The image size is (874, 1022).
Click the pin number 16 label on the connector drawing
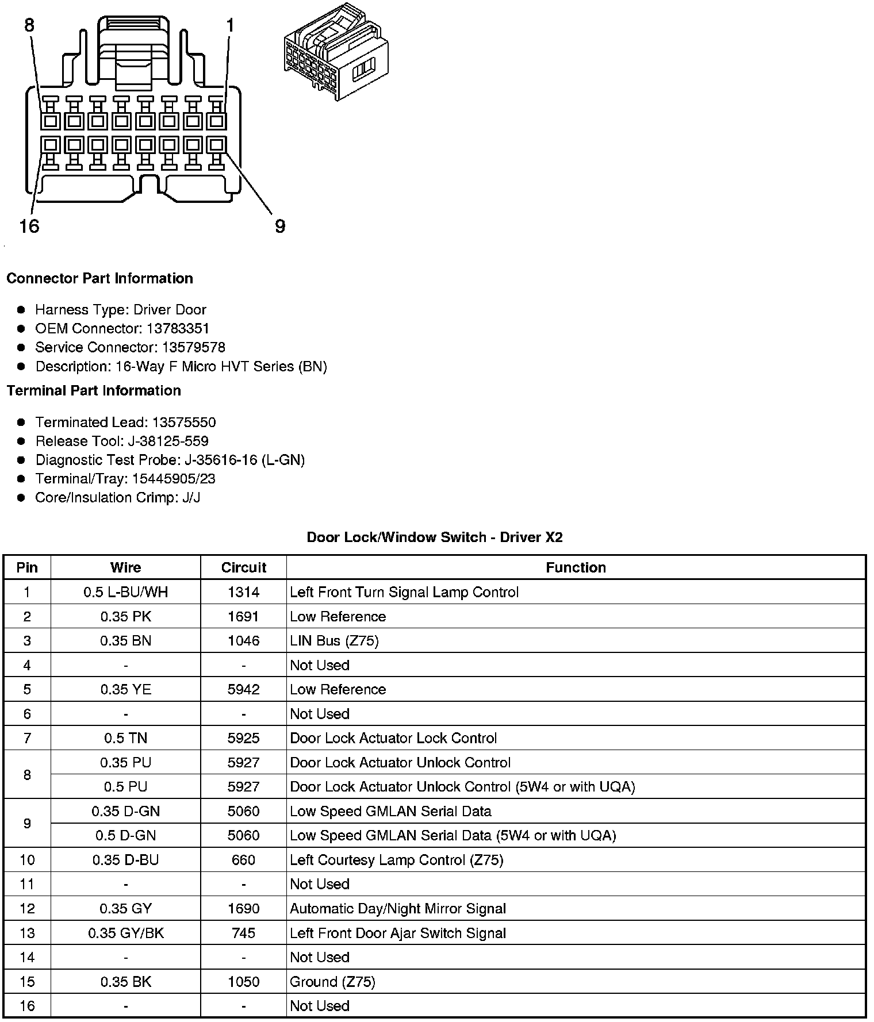click(29, 226)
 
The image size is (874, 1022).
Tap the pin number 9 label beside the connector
click(279, 226)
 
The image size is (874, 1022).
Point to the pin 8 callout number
click(29, 25)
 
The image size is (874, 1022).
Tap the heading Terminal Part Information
click(94, 390)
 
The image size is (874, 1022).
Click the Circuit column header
click(243, 567)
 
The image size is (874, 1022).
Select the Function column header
click(576, 567)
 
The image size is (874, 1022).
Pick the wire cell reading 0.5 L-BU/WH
click(125, 592)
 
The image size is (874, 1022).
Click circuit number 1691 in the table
click(243, 616)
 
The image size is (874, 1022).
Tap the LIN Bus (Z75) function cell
click(334, 640)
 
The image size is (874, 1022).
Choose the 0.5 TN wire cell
click(125, 738)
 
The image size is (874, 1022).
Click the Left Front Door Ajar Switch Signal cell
click(398, 933)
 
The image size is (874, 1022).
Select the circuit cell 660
click(243, 860)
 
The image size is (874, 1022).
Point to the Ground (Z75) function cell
click(332, 982)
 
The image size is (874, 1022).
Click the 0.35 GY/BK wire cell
click(125, 933)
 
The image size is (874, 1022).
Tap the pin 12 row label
click(27, 909)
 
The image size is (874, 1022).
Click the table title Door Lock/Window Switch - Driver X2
click(435, 537)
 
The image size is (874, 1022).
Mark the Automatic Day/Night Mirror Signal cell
click(398, 909)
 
